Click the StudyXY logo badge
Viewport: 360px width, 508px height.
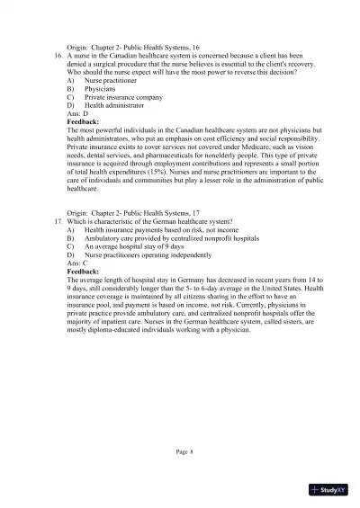(328, 490)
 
